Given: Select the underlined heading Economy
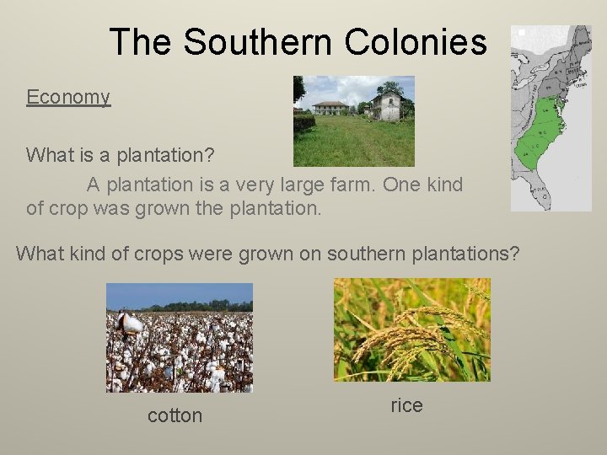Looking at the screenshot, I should [x=68, y=97].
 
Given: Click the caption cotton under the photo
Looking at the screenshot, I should [x=175, y=415].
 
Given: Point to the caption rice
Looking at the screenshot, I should [x=406, y=405].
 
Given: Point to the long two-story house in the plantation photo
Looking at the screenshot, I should [x=330, y=108].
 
